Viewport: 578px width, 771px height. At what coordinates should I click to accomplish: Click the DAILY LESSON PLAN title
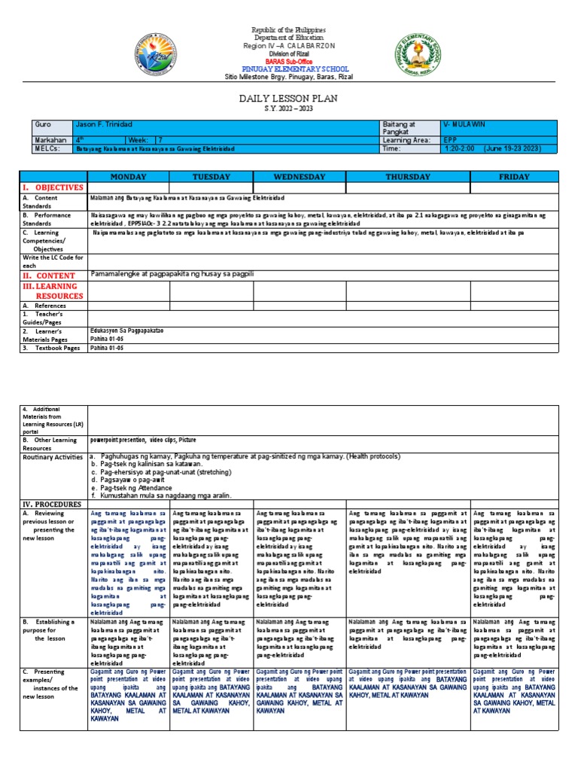click(x=289, y=99)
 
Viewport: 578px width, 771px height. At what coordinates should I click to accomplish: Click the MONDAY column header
click(x=129, y=176)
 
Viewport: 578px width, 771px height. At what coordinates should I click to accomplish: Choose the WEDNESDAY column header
click(x=299, y=176)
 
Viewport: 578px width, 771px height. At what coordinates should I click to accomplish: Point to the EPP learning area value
click(x=449, y=140)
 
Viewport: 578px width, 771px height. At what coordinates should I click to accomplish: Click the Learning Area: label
click(x=406, y=140)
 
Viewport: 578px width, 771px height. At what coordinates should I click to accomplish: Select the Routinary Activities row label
click(x=53, y=457)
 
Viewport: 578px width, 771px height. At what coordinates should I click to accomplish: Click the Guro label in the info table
click(x=43, y=123)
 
